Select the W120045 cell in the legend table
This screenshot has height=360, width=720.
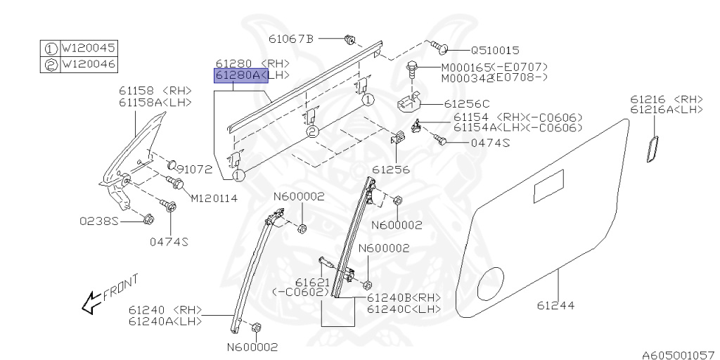tap(88, 49)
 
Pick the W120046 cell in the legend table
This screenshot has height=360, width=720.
tap(88, 65)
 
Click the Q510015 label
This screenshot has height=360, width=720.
tap(494, 51)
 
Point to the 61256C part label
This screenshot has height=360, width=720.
tap(467, 103)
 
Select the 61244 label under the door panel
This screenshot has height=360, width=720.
tap(555, 305)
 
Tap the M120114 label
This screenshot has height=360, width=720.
tap(214, 198)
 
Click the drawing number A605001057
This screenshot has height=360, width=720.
tap(678, 355)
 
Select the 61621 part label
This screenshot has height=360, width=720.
tap(308, 281)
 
